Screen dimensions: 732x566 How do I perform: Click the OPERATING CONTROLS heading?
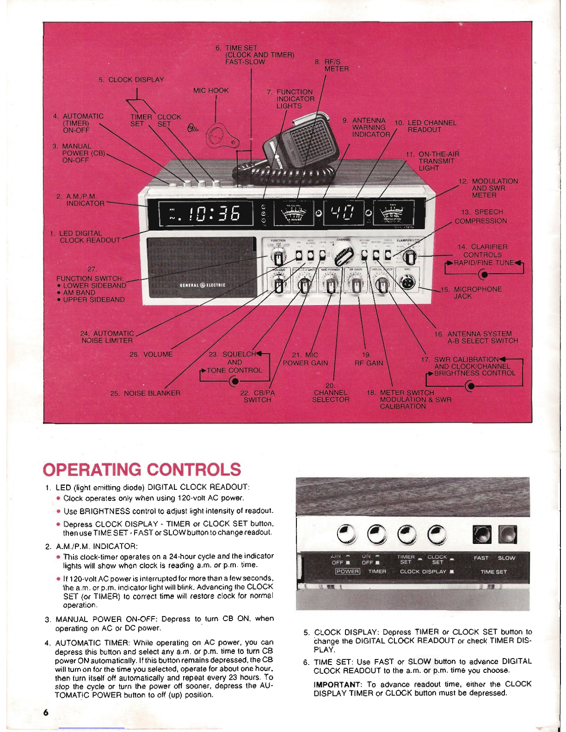[x=141, y=469]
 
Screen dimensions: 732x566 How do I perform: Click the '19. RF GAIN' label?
[x=368, y=359]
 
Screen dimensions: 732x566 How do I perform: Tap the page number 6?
[x=45, y=712]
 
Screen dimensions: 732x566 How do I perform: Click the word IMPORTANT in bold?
[x=337, y=684]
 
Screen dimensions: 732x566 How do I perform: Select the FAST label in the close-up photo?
[x=481, y=558]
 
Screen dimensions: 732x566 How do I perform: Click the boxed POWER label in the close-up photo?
[x=347, y=572]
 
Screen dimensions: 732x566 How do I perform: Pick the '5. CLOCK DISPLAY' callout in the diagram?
[x=131, y=79]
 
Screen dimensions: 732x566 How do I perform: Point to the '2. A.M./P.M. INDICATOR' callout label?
[x=80, y=200]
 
